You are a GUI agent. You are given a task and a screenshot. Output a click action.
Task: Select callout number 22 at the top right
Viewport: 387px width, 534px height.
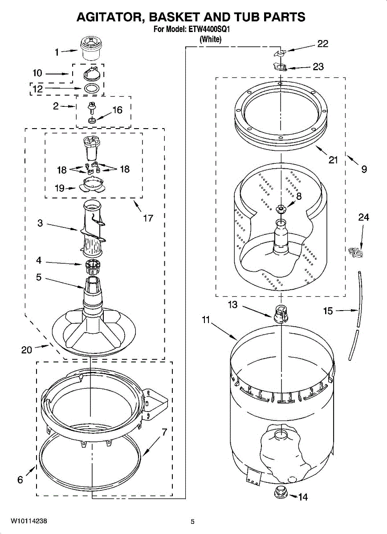click(x=322, y=44)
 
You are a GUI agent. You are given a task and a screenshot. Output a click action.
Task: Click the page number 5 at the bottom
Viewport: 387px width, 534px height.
click(x=192, y=522)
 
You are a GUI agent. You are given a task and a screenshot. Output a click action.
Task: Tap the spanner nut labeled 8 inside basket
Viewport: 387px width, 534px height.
click(x=280, y=209)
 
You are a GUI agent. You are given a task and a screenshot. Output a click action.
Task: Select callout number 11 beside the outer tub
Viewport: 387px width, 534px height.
click(x=205, y=320)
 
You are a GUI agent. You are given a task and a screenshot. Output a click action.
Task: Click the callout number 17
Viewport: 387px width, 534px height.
click(x=148, y=218)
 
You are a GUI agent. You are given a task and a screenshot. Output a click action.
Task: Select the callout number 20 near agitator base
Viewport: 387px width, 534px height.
click(x=27, y=350)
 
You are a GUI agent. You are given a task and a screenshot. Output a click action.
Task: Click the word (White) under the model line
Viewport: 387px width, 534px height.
click(x=210, y=39)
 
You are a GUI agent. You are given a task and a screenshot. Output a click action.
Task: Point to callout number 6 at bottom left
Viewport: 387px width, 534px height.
click(x=20, y=479)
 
